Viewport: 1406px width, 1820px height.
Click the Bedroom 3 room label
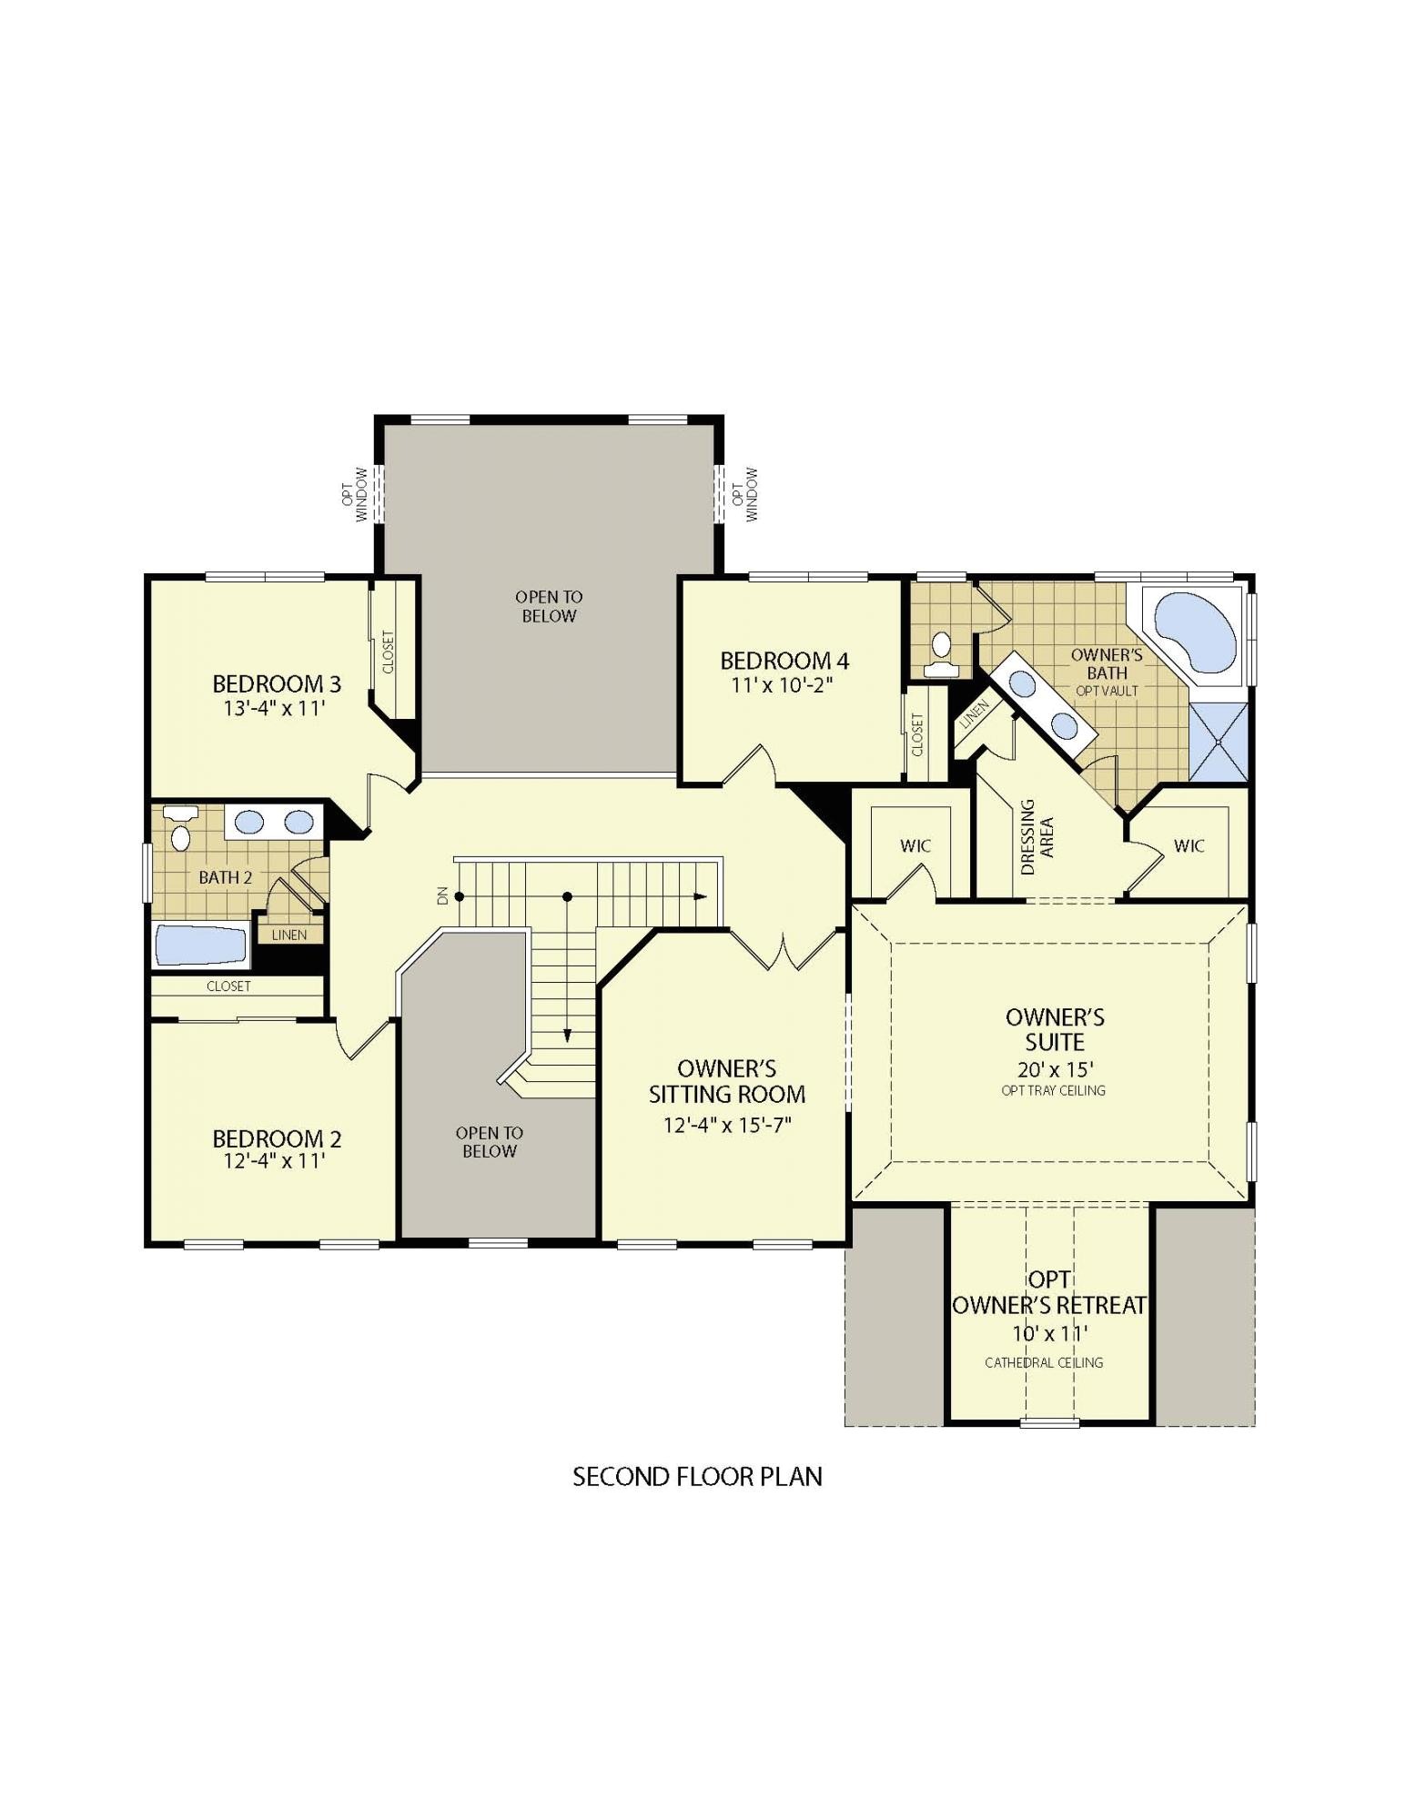(276, 683)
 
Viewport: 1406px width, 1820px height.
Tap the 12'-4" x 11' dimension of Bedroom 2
(274, 1161)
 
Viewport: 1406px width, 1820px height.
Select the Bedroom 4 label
(784, 661)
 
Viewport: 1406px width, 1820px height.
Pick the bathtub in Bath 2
(201, 945)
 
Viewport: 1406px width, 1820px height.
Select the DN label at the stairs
(443, 895)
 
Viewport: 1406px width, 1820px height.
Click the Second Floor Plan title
(697, 1476)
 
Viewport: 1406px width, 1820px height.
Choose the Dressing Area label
(1037, 837)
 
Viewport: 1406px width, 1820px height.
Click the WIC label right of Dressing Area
(1189, 845)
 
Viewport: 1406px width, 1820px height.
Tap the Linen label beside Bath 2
(288, 935)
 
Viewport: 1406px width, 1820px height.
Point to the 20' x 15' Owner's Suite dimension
(1055, 1069)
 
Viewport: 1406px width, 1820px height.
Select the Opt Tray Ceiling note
(1053, 1090)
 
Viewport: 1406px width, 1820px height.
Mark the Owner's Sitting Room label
(726, 1081)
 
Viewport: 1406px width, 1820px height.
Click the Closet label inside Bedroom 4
(916, 733)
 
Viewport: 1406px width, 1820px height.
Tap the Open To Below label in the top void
(548, 606)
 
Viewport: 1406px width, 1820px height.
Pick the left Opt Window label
(354, 494)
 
